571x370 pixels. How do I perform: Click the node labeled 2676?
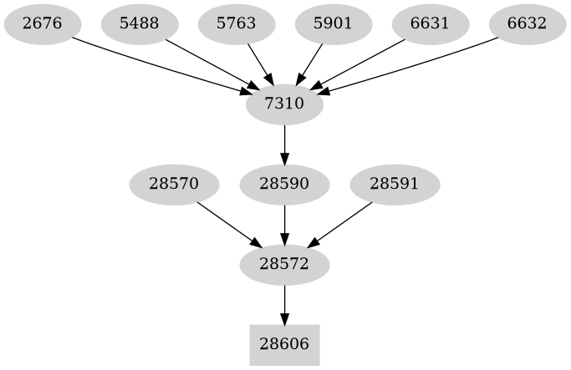43,24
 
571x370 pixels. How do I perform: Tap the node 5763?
237,24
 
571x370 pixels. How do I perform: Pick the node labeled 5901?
334,24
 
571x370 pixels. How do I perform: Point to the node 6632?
528,24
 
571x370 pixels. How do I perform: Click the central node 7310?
285,104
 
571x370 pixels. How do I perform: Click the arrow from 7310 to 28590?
285,144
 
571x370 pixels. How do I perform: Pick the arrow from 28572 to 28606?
285,305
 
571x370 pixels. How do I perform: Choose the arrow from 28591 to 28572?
340,225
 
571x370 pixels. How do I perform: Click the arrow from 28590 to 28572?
285,225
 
